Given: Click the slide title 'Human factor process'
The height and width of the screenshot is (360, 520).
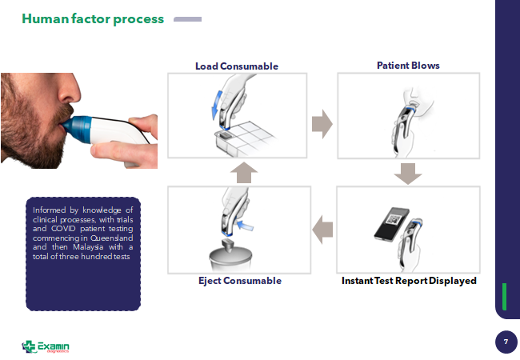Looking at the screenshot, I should [93, 18].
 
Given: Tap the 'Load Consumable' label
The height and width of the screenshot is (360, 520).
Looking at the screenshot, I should [237, 66].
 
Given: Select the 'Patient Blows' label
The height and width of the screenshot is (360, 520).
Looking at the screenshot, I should [408, 65].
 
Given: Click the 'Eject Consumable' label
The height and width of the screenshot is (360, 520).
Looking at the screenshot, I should [239, 281].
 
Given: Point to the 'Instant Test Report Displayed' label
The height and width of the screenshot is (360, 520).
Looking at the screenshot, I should [409, 281].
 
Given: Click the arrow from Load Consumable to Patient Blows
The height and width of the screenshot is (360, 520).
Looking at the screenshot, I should [322, 124].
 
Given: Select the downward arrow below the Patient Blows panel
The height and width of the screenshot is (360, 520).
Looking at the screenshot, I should [408, 173].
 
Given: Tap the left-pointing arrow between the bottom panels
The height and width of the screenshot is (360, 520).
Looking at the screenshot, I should [322, 229].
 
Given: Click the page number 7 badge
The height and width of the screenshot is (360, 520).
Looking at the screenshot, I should [505, 342].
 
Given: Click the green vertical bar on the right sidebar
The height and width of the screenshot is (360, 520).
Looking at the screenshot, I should [503, 296].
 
